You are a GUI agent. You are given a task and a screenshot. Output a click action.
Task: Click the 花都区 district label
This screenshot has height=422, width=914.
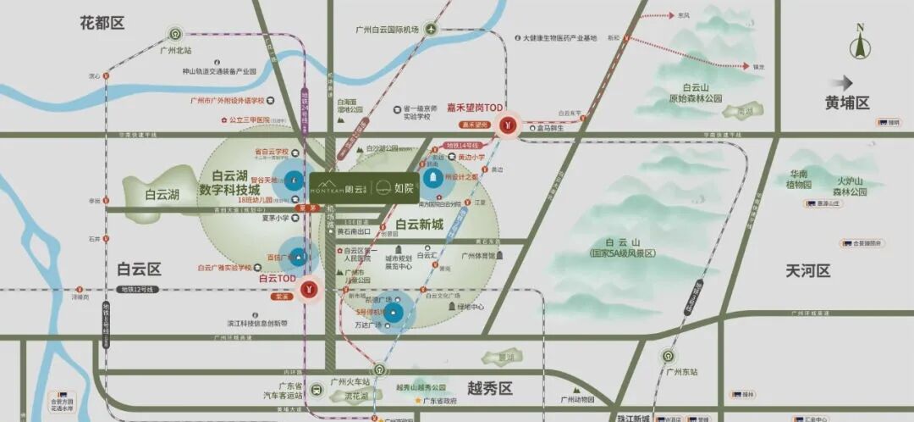click(x=102, y=23)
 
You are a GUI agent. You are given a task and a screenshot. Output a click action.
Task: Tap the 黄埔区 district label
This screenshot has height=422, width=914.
click(x=847, y=103)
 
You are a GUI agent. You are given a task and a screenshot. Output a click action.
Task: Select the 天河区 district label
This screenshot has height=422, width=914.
click(x=807, y=271)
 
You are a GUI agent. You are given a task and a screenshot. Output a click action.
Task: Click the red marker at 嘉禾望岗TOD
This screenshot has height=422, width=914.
click(x=508, y=125)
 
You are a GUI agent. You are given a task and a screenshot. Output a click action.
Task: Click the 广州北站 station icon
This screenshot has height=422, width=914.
click(x=176, y=35)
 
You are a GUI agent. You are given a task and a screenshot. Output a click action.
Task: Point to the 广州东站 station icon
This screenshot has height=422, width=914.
click(x=669, y=356)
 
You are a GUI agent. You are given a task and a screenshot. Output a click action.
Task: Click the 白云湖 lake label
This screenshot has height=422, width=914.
click(x=161, y=194)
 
